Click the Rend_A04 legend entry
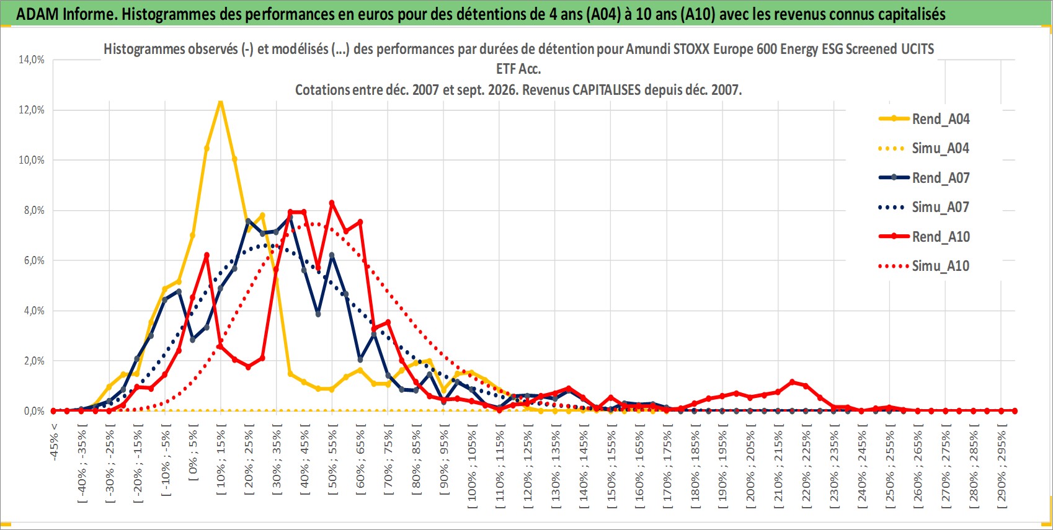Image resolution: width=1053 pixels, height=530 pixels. [924, 119]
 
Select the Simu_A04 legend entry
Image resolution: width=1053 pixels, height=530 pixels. [924, 149]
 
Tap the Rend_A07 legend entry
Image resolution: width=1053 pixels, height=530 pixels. [924, 178]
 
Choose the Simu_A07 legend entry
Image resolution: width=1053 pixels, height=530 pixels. [924, 207]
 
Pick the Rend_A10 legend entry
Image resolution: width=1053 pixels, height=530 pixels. [924, 236]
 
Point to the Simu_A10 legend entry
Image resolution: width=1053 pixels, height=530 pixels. [924, 266]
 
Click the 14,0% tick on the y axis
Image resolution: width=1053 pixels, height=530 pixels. [32, 60]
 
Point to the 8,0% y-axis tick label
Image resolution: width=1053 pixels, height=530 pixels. [34, 210]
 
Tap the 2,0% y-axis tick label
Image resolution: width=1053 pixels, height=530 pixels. [34, 361]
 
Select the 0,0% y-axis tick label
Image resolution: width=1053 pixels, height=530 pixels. [34, 411]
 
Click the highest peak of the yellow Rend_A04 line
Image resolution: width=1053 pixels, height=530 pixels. [220, 101]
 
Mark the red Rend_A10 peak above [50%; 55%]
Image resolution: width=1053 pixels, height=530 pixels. [332, 203]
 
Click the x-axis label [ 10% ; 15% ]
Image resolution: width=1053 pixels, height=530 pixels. [221, 459]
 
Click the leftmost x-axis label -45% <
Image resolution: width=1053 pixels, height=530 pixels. [54, 442]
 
